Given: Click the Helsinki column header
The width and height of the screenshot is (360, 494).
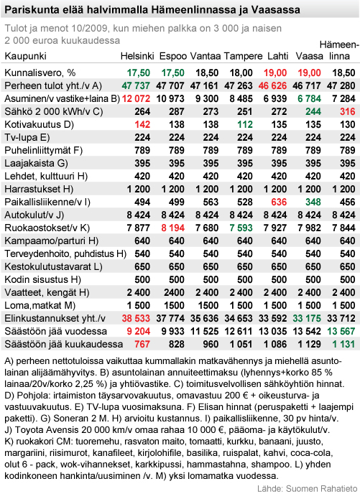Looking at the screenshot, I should (137, 55).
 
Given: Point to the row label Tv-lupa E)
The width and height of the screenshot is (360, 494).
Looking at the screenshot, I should (27, 137).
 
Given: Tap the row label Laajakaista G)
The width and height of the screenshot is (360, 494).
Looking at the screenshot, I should (36, 163).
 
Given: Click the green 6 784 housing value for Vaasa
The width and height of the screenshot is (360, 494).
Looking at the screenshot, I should (309, 98).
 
